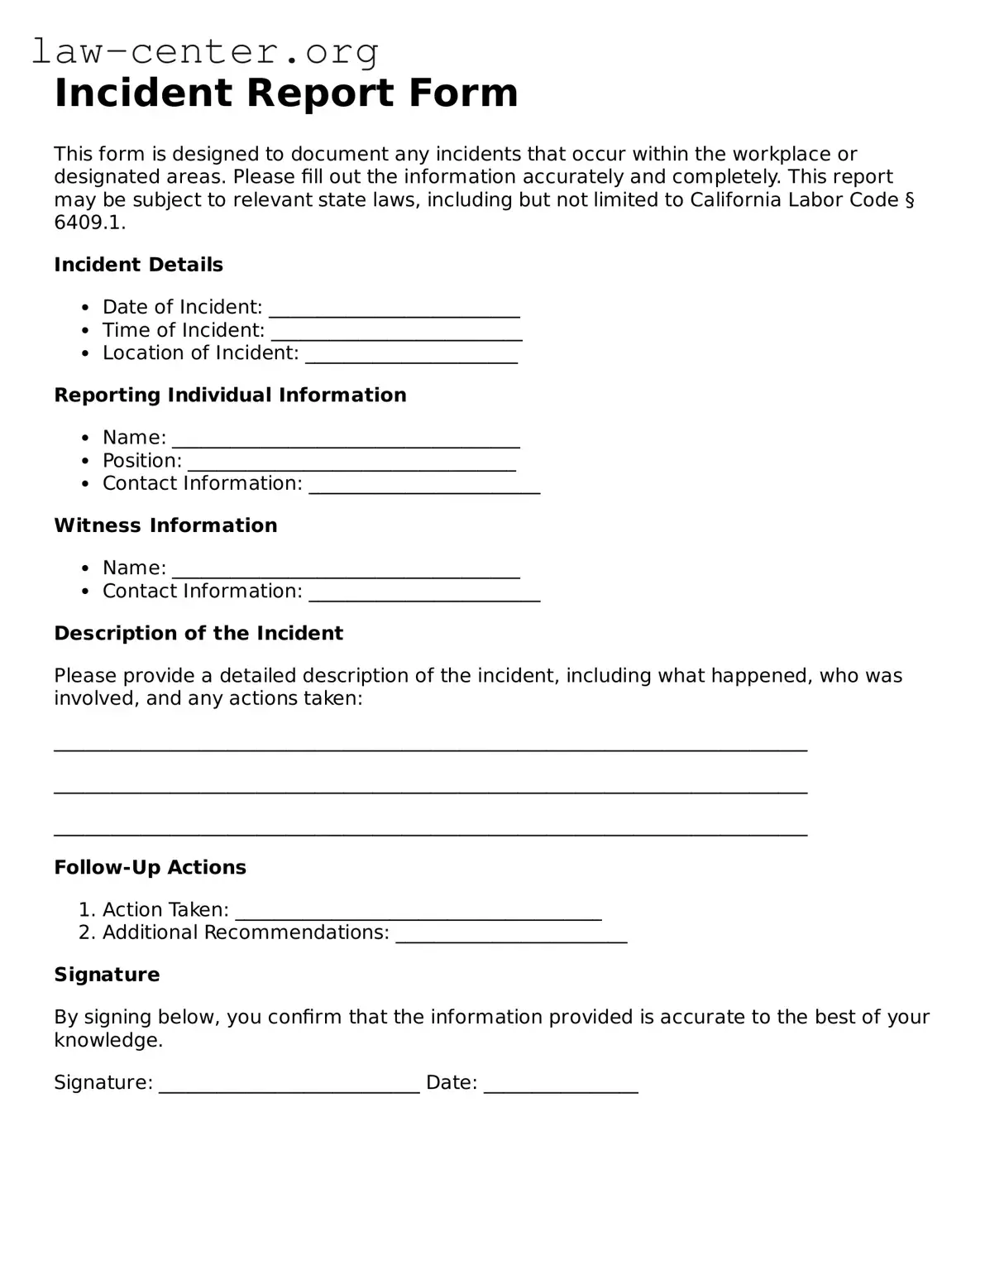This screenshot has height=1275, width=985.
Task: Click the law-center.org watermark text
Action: [205, 51]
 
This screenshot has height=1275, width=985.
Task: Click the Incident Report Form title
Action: [285, 93]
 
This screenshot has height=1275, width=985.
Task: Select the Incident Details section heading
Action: [138, 265]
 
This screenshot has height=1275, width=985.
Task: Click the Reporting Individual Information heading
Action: [230, 395]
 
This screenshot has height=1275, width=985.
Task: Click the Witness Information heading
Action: [165, 525]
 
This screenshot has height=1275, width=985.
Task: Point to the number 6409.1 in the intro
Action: [89, 223]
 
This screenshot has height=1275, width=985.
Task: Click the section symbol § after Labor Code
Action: [909, 200]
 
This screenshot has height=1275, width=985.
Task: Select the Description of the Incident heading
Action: [198, 634]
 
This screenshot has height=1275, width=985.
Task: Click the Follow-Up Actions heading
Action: [150, 868]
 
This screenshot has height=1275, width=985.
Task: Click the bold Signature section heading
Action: [107, 975]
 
